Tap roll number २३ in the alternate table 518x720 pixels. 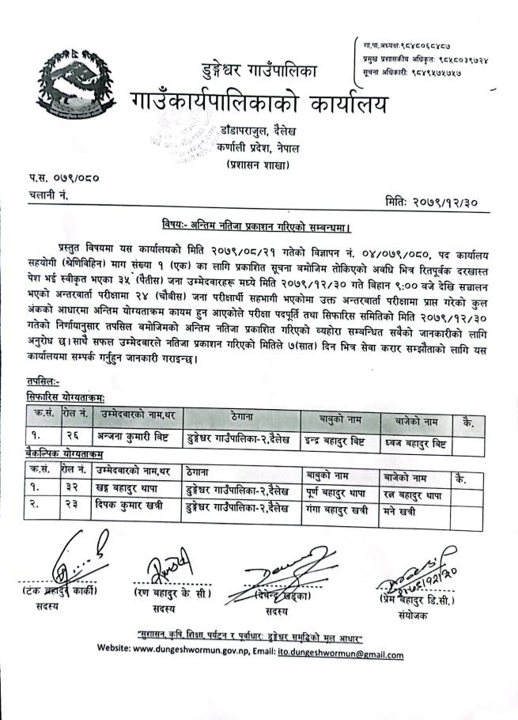[73, 504]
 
